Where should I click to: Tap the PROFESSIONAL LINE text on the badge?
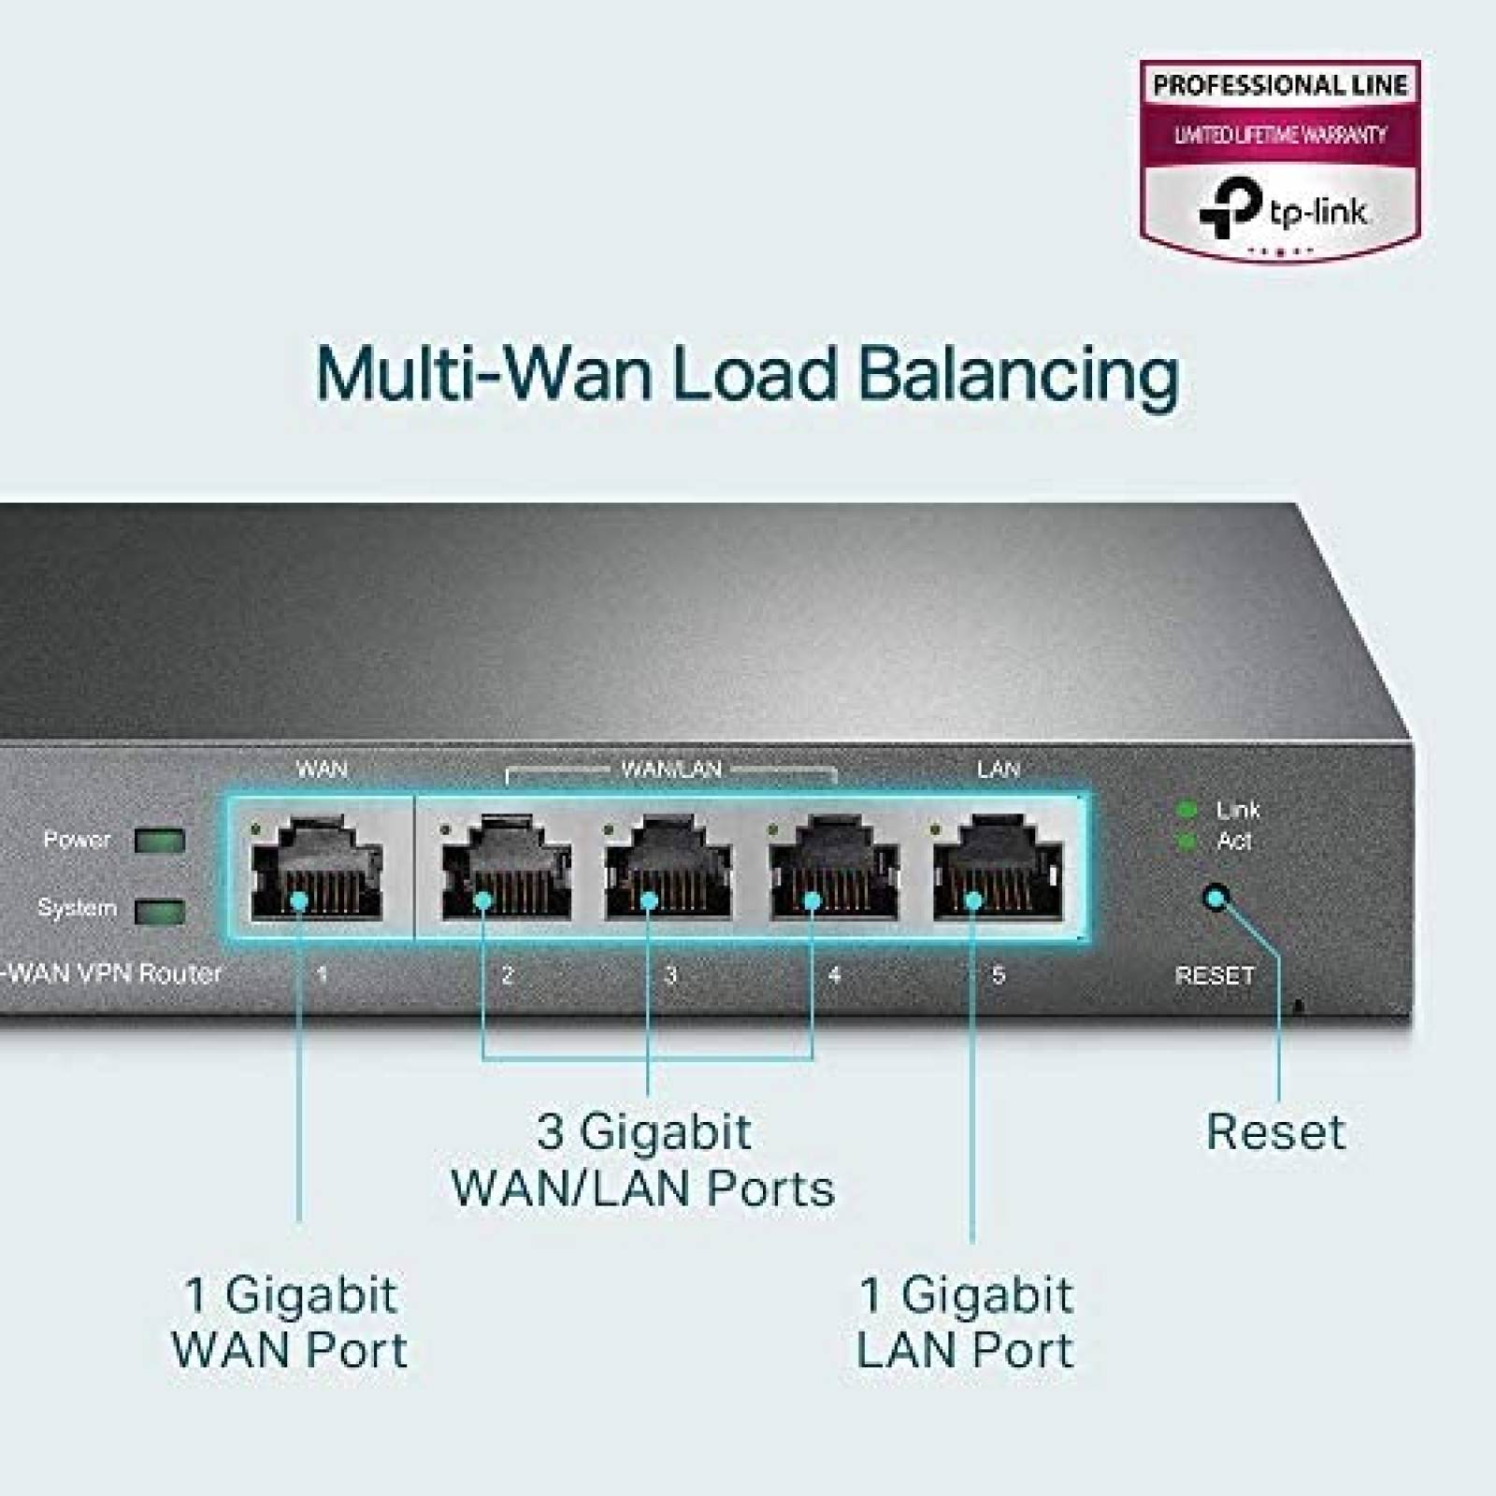click(x=1280, y=86)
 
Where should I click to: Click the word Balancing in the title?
click(x=1018, y=375)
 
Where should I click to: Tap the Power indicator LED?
click(x=159, y=840)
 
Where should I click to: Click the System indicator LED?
click(x=159, y=911)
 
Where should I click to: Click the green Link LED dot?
click(x=1187, y=810)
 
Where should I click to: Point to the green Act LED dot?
click(x=1187, y=841)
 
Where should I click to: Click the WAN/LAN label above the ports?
click(x=671, y=770)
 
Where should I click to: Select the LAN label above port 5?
click(x=998, y=770)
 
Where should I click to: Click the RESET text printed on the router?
click(x=1214, y=976)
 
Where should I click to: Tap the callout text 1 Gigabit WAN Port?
click(x=290, y=1322)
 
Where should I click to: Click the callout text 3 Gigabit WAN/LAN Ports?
click(x=643, y=1160)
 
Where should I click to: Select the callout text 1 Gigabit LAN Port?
click(x=965, y=1322)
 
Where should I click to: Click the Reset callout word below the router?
click(x=1275, y=1132)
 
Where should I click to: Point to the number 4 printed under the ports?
click(x=835, y=976)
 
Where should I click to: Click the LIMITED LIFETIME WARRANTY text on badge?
click(x=1280, y=136)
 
